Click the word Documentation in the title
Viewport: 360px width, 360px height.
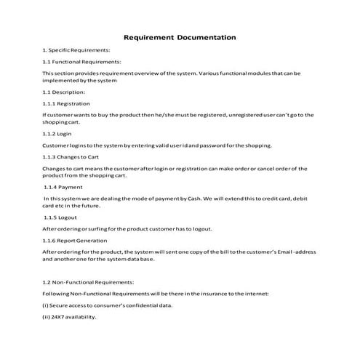tap(207, 36)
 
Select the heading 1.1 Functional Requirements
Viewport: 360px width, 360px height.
tap(81, 62)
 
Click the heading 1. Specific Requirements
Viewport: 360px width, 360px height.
tap(76, 49)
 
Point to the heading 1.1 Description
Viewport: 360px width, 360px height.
tap(64, 92)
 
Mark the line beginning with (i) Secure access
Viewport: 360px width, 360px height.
tap(107, 305)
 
